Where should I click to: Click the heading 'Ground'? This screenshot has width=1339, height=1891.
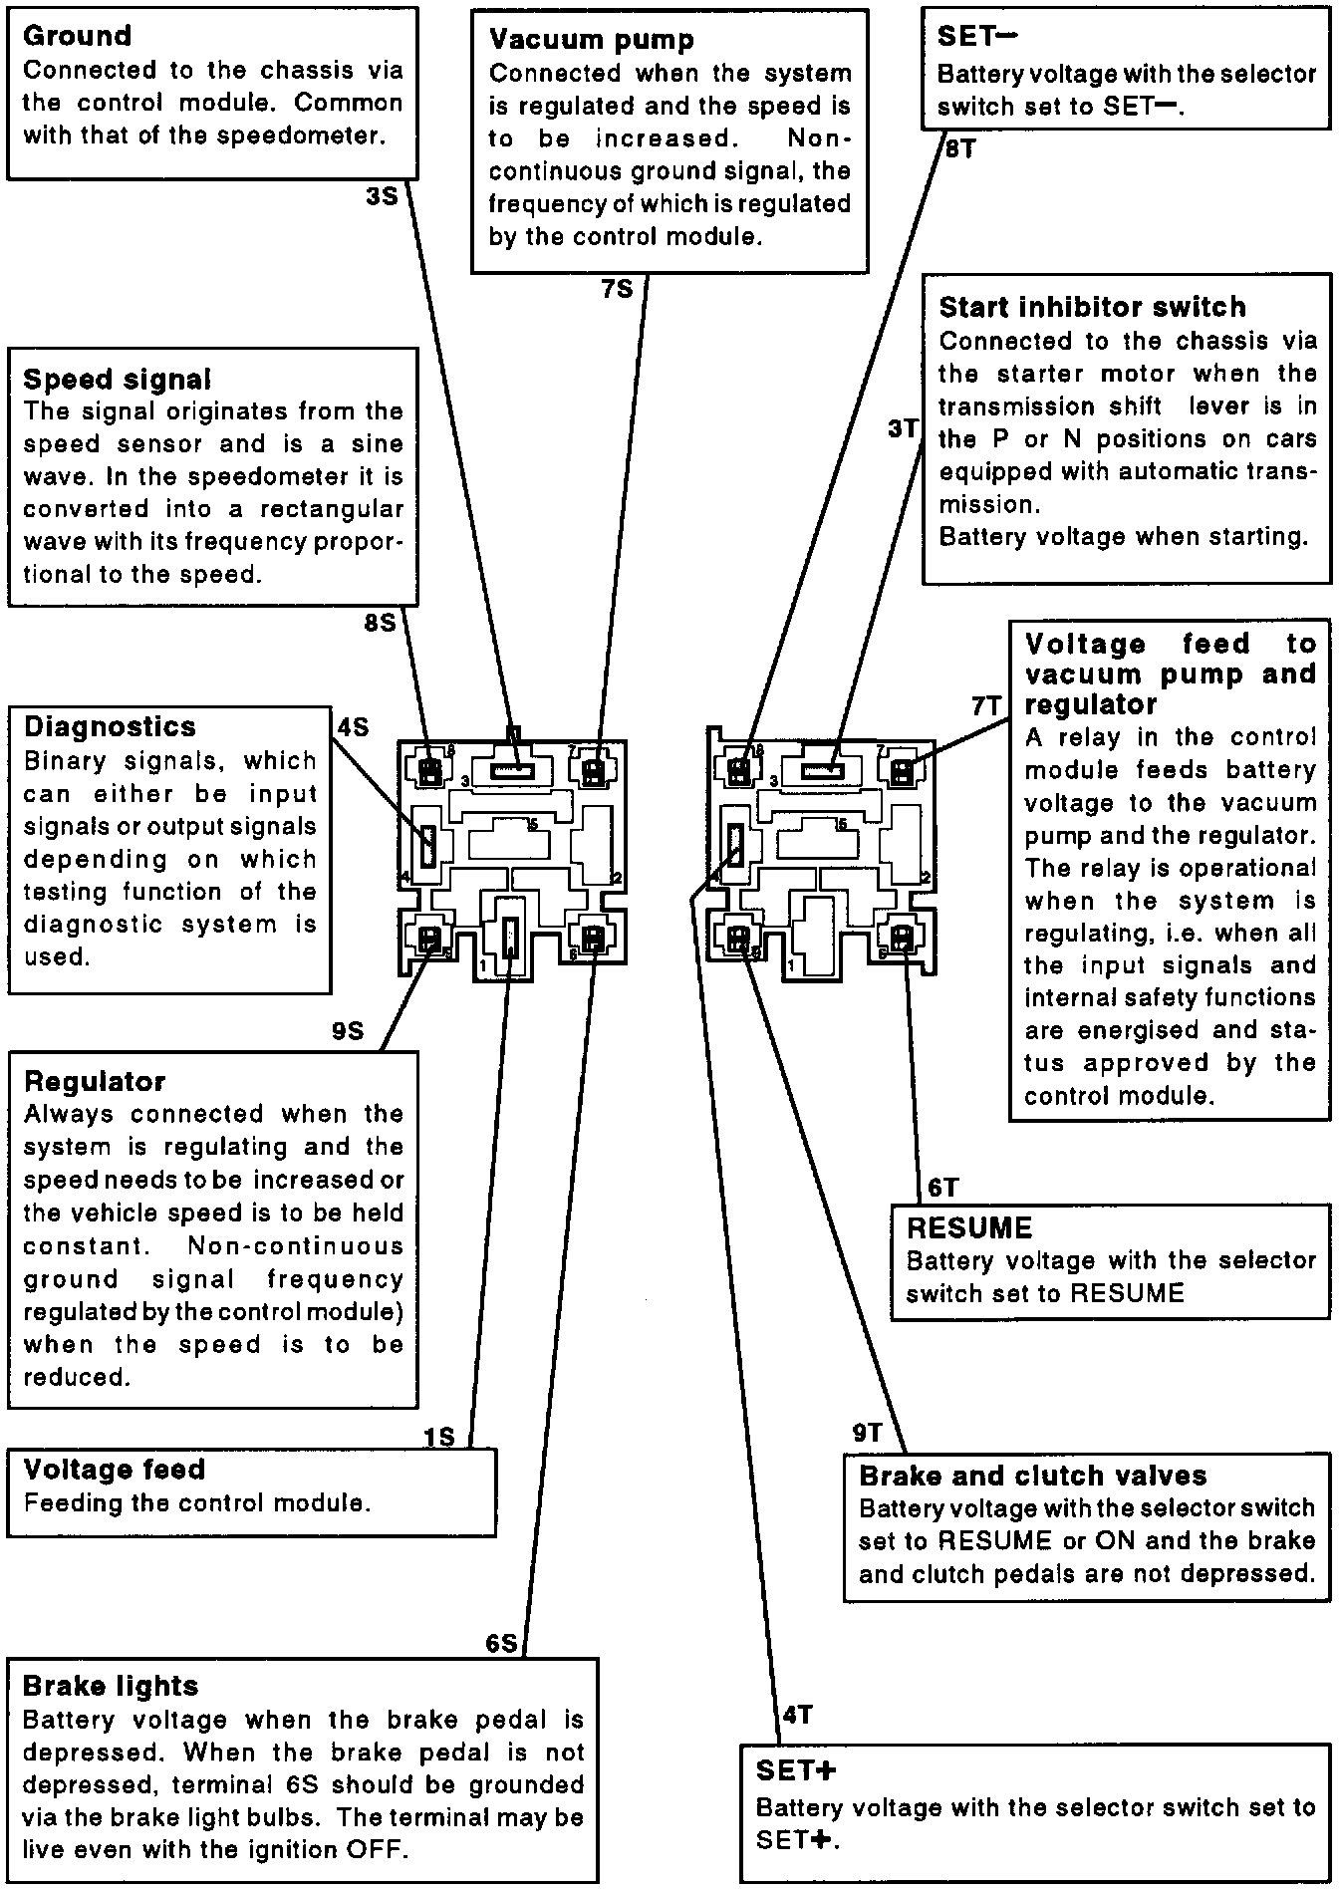tap(77, 36)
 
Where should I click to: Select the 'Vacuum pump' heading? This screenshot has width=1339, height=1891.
tap(591, 40)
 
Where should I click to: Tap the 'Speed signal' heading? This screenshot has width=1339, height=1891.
tap(117, 380)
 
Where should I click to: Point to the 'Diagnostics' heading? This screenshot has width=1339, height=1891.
tap(110, 727)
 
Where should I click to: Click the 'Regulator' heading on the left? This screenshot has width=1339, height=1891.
tap(95, 1082)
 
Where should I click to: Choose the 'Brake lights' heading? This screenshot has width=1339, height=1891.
tap(110, 1687)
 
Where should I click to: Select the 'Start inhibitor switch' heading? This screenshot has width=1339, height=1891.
tap(1092, 307)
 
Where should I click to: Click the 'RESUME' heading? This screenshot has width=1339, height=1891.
tap(968, 1227)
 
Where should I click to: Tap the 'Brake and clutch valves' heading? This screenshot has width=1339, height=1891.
tap(1032, 1476)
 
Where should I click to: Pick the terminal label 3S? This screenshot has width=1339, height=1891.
tap(382, 196)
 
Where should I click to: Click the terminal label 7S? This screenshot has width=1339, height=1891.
tap(617, 289)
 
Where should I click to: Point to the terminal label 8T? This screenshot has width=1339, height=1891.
tap(959, 149)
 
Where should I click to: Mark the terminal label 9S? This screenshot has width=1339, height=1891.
tap(348, 1031)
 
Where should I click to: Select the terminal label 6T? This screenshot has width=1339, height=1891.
tap(942, 1188)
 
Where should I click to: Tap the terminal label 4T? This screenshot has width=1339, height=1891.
tap(797, 1715)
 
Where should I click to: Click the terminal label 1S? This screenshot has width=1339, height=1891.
tap(438, 1436)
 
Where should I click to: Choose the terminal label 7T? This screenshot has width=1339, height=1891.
tap(986, 706)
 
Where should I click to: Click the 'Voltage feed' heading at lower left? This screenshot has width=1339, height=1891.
tap(114, 1470)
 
